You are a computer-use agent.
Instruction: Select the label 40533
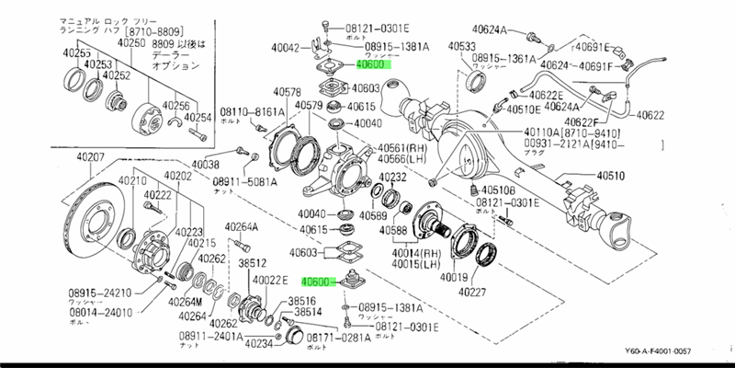click(463, 46)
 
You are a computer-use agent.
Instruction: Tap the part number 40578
click(288, 91)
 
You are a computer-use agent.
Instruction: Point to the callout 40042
click(288, 48)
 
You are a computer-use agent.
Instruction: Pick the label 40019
click(455, 277)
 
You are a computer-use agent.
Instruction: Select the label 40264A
click(243, 227)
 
